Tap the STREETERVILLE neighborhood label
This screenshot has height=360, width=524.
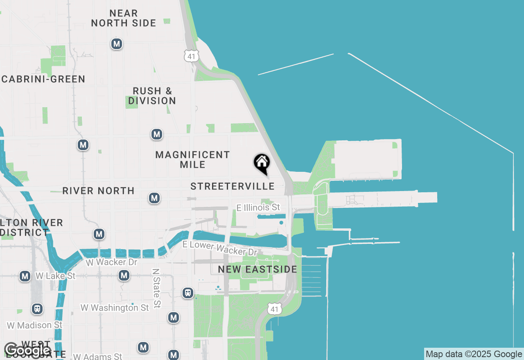click(x=233, y=187)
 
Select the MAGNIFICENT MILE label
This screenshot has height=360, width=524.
click(x=192, y=160)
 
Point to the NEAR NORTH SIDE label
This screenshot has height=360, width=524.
click(x=124, y=18)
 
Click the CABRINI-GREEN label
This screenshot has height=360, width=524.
click(x=43, y=79)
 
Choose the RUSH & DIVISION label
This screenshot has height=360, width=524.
click(x=152, y=96)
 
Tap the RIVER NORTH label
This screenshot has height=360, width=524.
click(x=98, y=191)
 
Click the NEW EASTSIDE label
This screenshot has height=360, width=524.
click(x=257, y=269)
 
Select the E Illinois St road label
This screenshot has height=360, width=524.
click(x=258, y=208)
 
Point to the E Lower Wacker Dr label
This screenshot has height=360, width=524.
click(x=220, y=248)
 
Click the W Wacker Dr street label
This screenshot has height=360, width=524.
click(x=111, y=262)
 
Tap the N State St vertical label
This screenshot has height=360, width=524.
click(x=156, y=288)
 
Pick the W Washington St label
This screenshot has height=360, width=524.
click(x=115, y=308)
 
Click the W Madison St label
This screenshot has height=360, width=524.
click(x=35, y=325)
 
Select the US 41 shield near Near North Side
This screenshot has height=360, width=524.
click(x=192, y=56)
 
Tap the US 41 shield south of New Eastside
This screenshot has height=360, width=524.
click(x=275, y=309)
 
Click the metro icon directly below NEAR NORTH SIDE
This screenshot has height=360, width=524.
click(x=117, y=44)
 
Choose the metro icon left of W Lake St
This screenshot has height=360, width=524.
click(x=25, y=276)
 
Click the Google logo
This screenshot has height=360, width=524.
click(x=27, y=350)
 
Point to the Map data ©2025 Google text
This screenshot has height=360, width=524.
click(x=474, y=354)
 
